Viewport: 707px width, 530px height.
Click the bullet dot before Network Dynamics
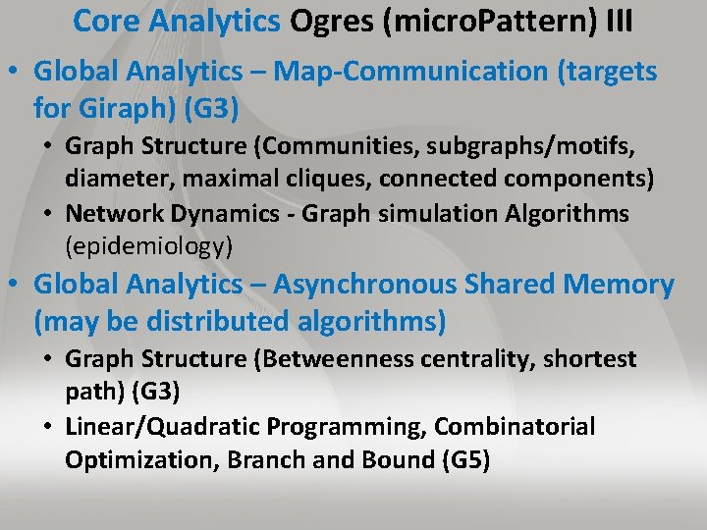(x=51, y=214)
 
